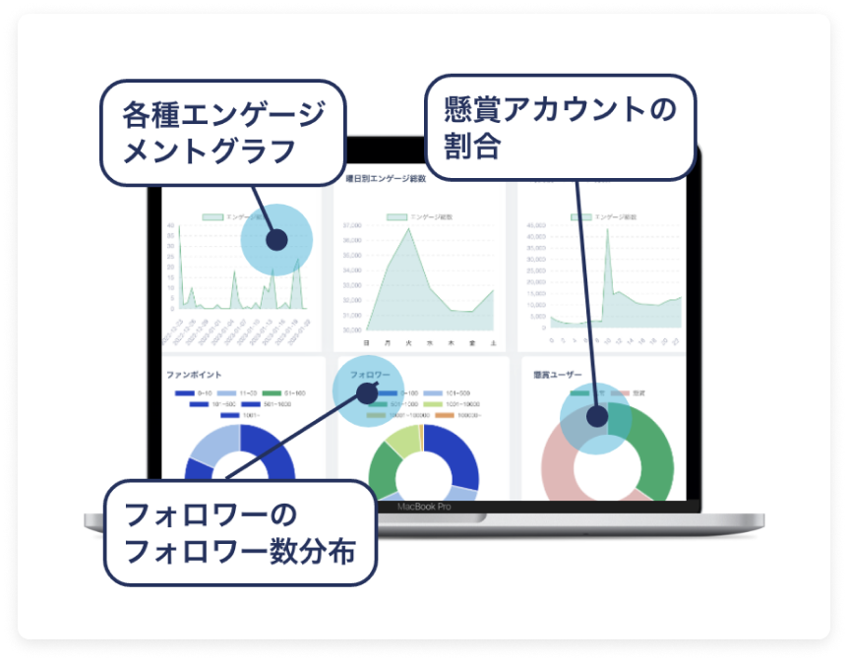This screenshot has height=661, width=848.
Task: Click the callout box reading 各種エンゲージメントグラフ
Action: point(223,132)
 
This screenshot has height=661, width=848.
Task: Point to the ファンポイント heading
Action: point(194,375)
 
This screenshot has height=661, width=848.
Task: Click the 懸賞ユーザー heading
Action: point(557,375)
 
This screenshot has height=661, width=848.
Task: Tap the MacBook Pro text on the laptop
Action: point(424,508)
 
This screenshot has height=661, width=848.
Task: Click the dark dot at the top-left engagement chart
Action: point(276,239)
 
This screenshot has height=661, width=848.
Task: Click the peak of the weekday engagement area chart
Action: point(409,228)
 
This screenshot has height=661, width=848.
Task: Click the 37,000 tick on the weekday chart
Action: point(351,225)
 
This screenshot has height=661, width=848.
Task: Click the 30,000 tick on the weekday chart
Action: point(351,329)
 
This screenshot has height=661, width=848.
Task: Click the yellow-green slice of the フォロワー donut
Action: point(403,444)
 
